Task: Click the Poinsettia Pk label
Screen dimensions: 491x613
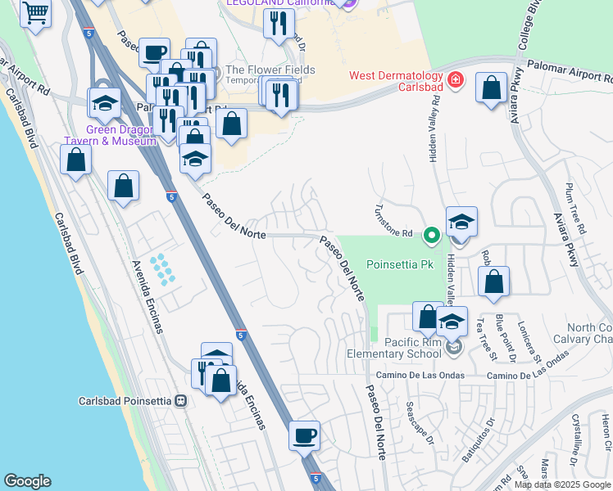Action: [388, 265]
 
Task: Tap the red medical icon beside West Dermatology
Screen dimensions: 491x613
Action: [456, 81]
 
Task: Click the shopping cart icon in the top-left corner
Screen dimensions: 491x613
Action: [35, 12]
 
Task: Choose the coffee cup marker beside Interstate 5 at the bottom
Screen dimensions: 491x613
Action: [305, 435]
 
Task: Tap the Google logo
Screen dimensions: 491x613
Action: [27, 481]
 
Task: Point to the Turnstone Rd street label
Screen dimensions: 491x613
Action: [393, 222]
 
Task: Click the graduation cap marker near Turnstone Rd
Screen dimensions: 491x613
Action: [461, 222]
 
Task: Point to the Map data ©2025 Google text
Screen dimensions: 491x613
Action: [563, 484]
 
